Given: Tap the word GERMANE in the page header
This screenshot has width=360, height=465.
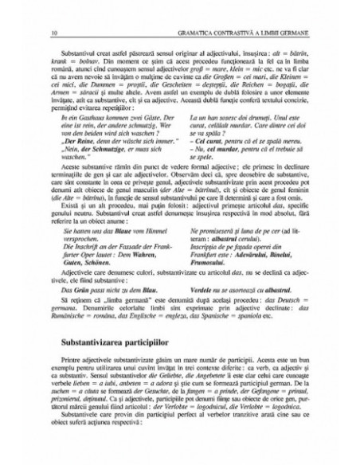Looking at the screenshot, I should point(288,10).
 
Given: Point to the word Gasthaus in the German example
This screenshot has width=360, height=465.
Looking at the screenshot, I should point(88,119).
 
